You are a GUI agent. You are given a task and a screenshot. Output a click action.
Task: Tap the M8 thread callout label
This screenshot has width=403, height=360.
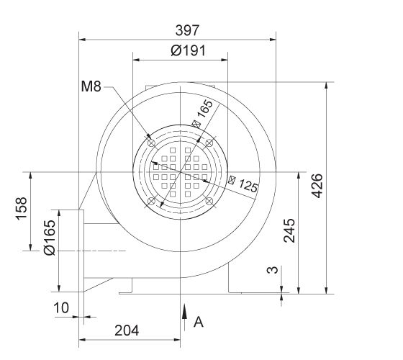point(91,88)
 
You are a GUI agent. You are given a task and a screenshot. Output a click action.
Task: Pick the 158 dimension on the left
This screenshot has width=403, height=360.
point(21,211)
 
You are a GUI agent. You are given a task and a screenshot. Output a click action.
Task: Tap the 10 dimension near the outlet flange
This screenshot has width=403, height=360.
point(62,307)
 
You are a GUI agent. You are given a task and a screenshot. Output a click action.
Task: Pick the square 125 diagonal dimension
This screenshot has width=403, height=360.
point(243,186)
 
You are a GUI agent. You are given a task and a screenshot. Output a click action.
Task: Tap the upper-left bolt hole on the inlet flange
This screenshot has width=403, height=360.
point(150,143)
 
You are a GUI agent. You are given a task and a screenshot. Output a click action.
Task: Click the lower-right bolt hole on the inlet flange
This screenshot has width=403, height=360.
point(210,202)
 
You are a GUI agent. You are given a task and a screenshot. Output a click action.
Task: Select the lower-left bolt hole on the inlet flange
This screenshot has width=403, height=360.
point(150,202)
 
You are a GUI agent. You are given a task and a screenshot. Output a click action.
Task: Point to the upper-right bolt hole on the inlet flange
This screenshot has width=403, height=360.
point(210,143)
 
